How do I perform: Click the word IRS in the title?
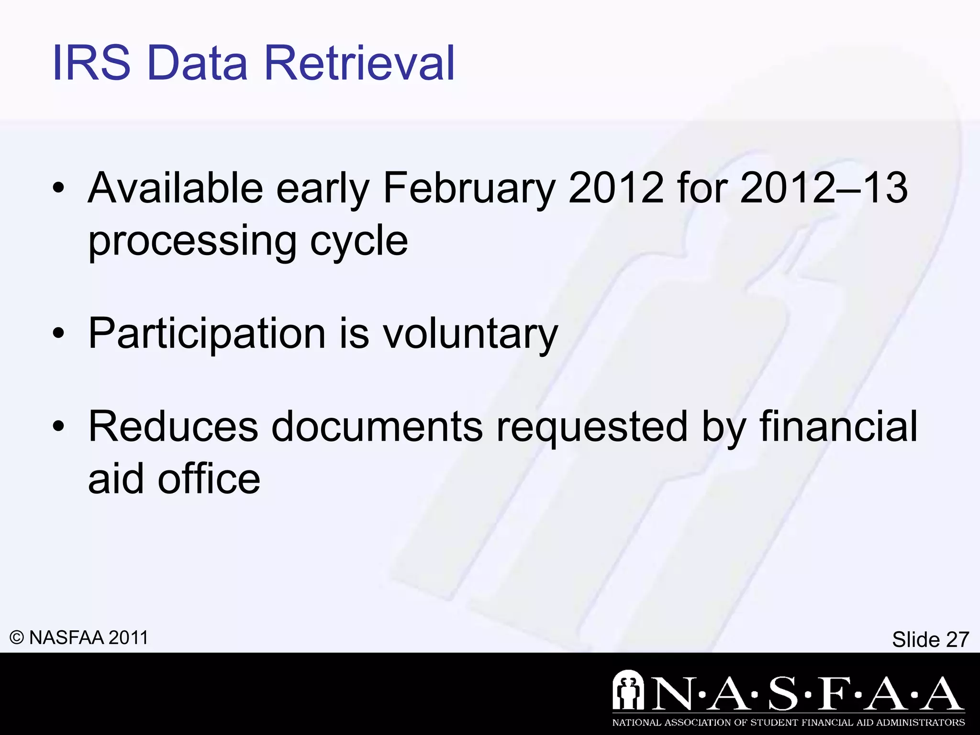coord(91,63)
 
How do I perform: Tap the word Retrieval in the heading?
coord(359,63)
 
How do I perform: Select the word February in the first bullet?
coord(469,189)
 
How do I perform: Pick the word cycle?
coord(359,242)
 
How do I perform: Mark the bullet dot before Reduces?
coord(58,427)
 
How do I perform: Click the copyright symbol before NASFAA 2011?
coord(17,638)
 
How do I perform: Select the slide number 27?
coord(957,639)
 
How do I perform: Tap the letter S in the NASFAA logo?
coord(783,692)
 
